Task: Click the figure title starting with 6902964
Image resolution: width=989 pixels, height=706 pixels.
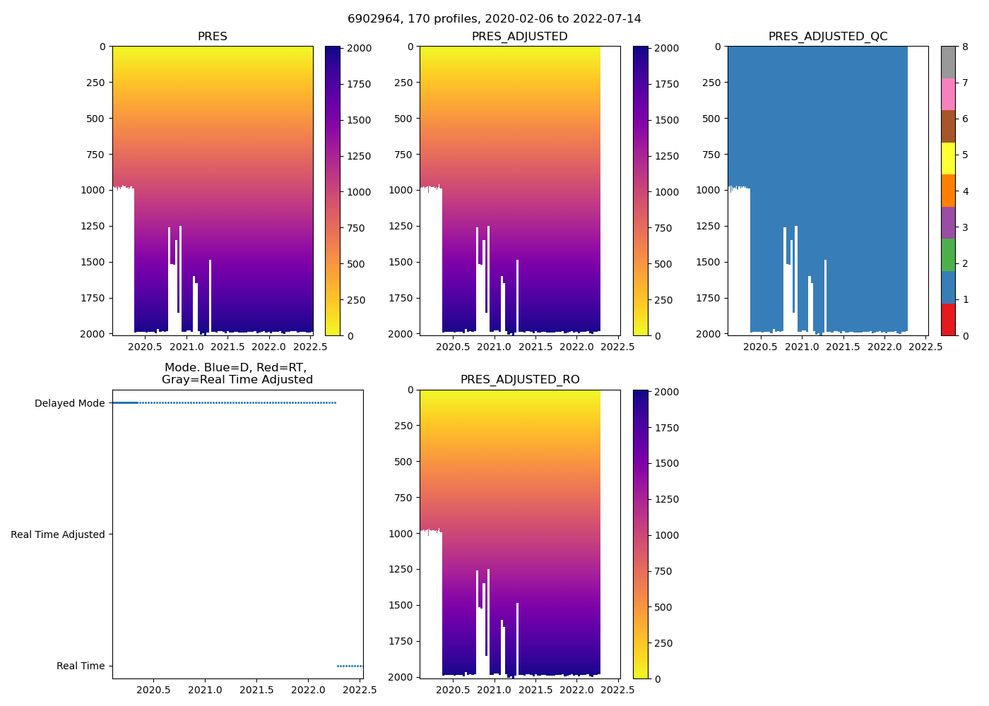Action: pos(494,19)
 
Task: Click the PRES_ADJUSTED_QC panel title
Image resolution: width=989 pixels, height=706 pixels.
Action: pos(828,37)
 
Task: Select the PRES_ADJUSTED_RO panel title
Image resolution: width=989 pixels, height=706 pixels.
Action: pos(520,380)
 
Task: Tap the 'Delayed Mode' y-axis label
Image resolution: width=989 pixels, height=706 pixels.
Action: pos(69,403)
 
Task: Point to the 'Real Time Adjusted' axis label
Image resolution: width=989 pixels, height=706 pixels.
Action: pos(58,534)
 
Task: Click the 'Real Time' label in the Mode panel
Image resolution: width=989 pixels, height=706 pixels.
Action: pos(81,666)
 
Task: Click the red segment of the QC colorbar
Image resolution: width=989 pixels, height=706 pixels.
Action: pos(948,319)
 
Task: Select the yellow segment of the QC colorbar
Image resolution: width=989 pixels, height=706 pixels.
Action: pos(948,158)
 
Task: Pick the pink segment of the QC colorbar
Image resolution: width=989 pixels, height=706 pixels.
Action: pos(948,94)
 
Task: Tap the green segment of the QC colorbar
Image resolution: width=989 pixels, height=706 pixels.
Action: pos(948,255)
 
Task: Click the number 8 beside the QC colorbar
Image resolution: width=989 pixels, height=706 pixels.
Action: pos(965,47)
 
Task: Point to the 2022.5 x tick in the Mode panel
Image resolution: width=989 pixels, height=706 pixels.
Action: pos(362,690)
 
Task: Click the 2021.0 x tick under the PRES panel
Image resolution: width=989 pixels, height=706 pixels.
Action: pos(186,346)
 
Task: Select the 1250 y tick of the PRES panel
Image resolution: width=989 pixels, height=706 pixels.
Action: pos(91,226)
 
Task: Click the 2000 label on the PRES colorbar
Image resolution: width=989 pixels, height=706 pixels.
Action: pos(359,48)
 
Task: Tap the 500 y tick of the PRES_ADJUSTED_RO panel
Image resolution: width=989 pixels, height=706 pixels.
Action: pos(405,462)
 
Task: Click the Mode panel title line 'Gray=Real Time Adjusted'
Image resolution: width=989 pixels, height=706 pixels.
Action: pos(237,380)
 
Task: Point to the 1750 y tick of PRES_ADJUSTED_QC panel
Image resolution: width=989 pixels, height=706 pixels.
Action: pos(707,298)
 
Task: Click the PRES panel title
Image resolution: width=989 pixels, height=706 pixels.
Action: pos(213,37)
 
